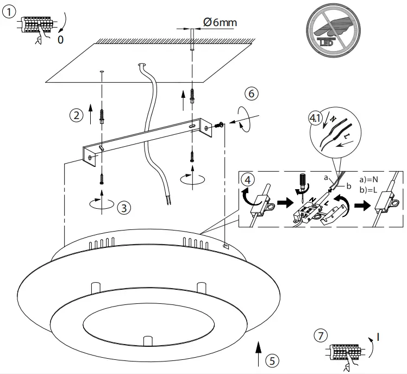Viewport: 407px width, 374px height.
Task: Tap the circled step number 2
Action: pyautogui.click(x=76, y=115)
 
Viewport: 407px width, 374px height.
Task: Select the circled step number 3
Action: pyautogui.click(x=124, y=207)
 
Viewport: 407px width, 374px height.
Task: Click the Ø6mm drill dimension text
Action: pyautogui.click(x=220, y=22)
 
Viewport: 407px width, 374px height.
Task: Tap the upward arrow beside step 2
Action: pyautogui.click(x=91, y=115)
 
